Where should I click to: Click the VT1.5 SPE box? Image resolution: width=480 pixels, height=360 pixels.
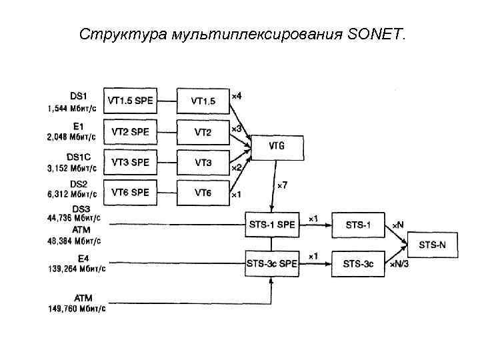(131, 101)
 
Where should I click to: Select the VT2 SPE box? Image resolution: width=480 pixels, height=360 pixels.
(131, 131)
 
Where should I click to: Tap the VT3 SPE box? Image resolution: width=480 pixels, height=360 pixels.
(131, 162)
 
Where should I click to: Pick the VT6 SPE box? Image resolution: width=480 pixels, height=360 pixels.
(131, 193)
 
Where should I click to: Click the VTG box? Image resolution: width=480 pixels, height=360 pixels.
(277, 145)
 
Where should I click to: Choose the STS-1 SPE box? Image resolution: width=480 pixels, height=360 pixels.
(271, 225)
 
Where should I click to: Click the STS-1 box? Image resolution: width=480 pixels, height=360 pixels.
(359, 225)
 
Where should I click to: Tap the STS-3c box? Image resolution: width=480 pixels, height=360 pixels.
(359, 264)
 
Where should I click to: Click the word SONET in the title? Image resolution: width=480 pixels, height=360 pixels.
(375, 33)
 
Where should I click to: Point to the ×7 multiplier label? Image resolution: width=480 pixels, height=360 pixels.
(283, 185)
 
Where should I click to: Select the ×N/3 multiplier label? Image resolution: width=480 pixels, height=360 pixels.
(399, 265)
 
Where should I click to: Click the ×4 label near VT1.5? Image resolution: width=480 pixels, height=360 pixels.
(236, 96)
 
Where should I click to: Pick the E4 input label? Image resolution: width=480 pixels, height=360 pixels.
(83, 258)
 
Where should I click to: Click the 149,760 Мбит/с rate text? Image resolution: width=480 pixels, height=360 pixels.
(77, 308)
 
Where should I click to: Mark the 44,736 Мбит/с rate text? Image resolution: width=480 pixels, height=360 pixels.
(75, 217)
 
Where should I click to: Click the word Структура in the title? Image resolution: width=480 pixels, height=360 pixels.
(107, 33)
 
